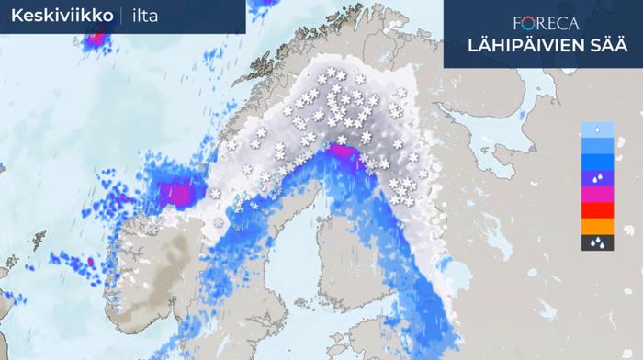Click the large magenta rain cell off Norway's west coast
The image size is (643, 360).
coord(174,193)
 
